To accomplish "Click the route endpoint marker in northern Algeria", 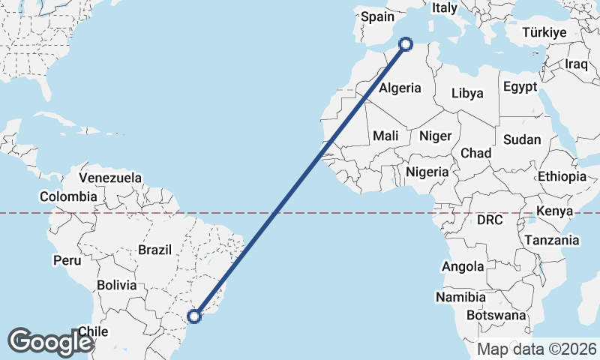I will pos(406,44).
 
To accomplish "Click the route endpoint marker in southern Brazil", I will pos(194,316).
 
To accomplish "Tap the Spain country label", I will pos(377,16).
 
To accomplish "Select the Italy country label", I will pos(444,8).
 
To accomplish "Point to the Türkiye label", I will pos(544,33).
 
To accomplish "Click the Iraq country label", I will pos(577,64).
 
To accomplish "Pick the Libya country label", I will pos(467,94).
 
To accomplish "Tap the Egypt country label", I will pos(520,87).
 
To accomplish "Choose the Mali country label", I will pos(385,136).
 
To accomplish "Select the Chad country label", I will pos(475,153).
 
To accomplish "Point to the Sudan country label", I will pos(521,139).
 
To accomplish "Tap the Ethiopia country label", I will pos(562,177).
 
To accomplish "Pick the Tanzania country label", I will pos(552,241).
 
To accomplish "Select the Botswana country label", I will pos(496,316).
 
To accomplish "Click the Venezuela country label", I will pos(110,178).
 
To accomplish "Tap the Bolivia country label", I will pos(117,285).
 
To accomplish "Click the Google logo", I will pos(50,341).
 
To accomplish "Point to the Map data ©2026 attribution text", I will pos(536,349).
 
